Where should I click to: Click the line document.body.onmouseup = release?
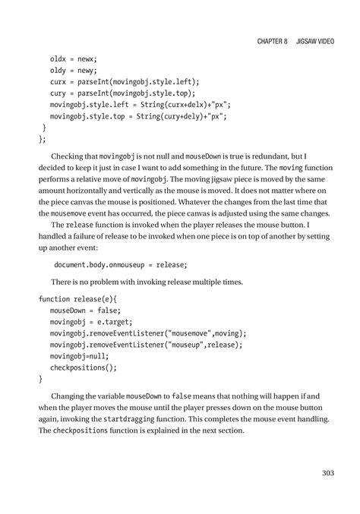120,264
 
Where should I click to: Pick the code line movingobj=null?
79,356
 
